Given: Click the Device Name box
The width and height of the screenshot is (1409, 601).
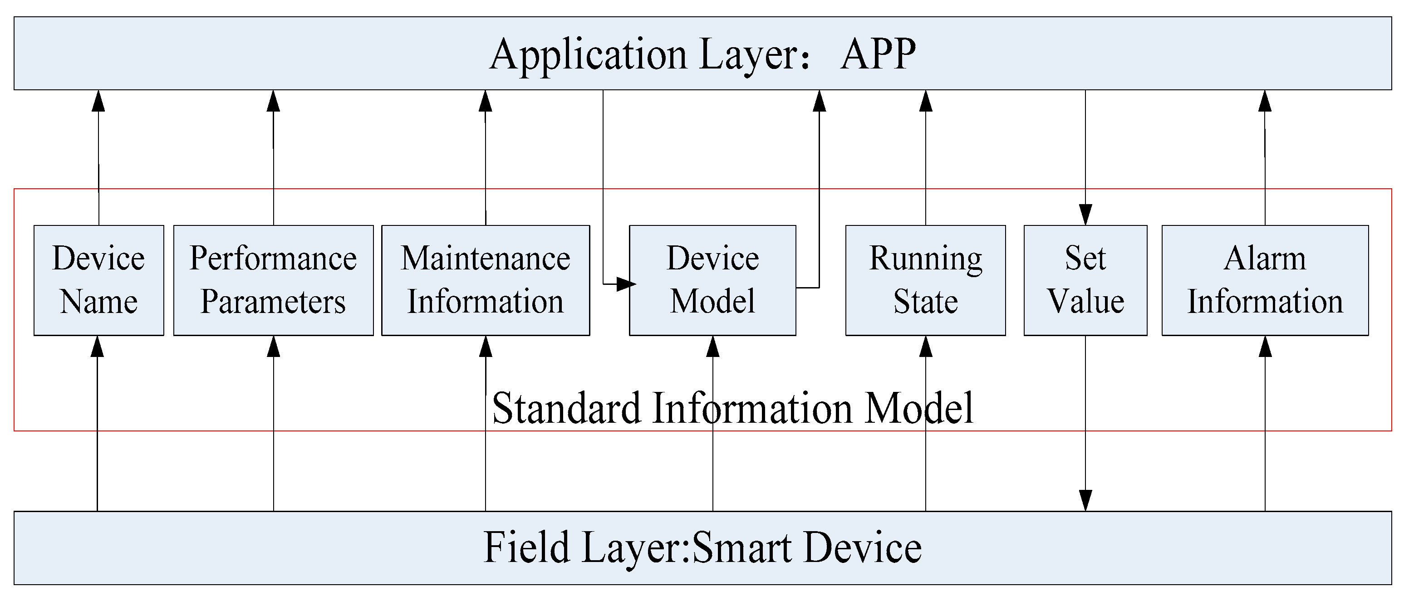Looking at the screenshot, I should (98, 280).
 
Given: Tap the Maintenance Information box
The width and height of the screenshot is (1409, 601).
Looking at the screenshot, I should (485, 280).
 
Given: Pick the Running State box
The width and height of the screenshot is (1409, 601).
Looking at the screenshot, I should (925, 280).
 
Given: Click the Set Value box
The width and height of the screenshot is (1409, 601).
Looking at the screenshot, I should (1085, 280).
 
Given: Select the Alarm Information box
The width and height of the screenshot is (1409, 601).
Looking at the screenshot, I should (1265, 280).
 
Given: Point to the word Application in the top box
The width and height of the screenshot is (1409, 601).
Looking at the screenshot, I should (588, 55).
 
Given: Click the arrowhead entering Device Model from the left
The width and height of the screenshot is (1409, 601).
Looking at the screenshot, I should (625, 284).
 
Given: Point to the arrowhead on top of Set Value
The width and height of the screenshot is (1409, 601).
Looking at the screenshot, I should (1085, 215).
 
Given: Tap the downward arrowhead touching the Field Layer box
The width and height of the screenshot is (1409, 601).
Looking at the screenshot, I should (1085, 500).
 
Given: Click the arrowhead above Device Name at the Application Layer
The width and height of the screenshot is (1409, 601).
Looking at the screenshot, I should (98, 102).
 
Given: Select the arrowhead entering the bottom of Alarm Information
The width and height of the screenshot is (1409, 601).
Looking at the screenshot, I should (1265, 347).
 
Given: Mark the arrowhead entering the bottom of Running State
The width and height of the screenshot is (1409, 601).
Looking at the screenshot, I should (925, 347).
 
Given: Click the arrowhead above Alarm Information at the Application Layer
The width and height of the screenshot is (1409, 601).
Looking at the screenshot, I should (1265, 102).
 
